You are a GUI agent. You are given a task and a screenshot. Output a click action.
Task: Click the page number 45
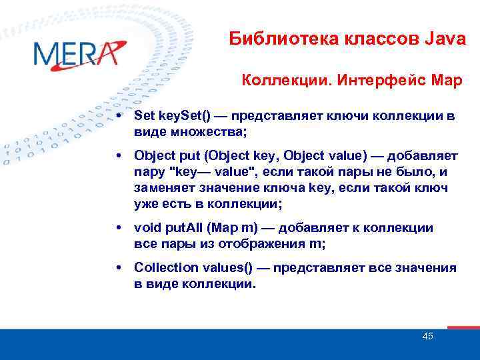click(427, 336)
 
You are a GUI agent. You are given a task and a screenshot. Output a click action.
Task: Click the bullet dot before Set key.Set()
click(118, 116)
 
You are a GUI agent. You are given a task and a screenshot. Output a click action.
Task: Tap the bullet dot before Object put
click(118, 156)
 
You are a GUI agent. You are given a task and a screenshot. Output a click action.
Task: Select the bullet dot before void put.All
click(118, 228)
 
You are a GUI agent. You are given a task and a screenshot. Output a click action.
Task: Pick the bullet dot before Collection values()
click(118, 268)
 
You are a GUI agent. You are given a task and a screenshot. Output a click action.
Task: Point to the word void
click(148, 228)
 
